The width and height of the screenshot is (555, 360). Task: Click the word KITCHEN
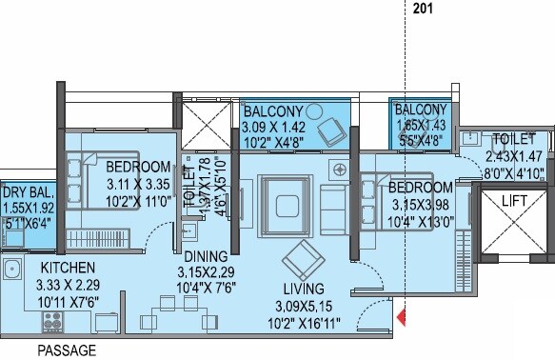(x=66, y=270)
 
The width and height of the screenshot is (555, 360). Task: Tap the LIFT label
(x=516, y=201)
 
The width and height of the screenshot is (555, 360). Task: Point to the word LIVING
(x=304, y=289)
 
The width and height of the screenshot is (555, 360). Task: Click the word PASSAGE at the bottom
(x=67, y=350)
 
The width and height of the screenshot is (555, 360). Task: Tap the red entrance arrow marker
(x=402, y=314)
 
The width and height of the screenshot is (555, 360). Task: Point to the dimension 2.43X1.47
(x=515, y=157)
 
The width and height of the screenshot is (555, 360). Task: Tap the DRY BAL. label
(x=29, y=190)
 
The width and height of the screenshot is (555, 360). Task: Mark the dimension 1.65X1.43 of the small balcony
(x=420, y=125)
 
